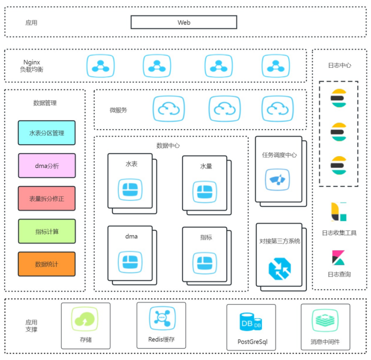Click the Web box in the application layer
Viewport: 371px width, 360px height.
point(183,22)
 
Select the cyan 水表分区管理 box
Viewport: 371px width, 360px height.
point(46,133)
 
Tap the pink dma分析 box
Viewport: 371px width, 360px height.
point(46,165)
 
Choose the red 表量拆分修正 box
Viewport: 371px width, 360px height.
point(46,198)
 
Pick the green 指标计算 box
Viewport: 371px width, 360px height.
point(46,231)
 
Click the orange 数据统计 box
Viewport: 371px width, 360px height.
point(46,264)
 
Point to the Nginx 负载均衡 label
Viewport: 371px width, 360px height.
point(33,66)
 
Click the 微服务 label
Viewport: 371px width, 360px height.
point(118,109)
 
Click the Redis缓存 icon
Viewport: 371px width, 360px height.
point(161,318)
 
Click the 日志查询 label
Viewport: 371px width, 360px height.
point(339,274)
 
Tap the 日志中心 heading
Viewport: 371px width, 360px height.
point(339,65)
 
